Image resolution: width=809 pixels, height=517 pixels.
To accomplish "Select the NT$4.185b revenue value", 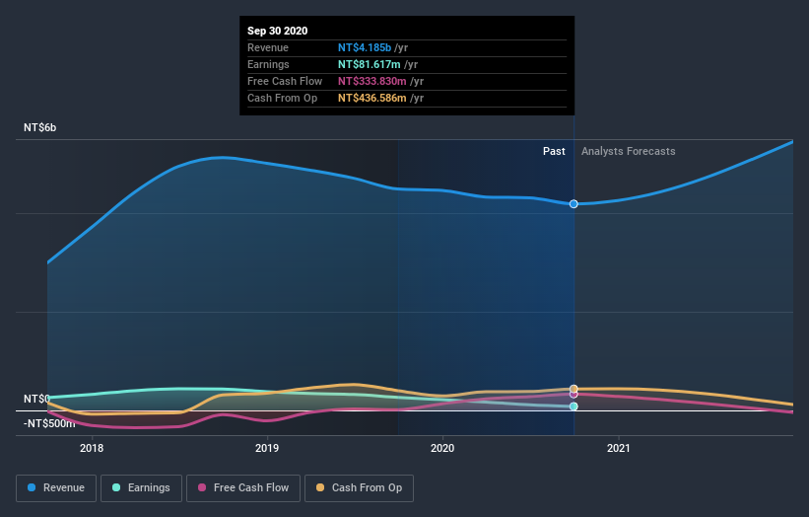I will (x=365, y=47).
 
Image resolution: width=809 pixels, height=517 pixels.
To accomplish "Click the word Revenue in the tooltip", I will (x=268, y=47).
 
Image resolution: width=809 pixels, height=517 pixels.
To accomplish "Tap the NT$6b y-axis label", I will (x=40, y=128).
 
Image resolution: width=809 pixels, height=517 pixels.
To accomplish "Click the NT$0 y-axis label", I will (x=37, y=399).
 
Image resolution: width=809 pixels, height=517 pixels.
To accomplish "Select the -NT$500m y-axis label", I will (x=49, y=423).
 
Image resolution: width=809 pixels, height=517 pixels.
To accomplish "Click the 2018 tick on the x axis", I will (x=92, y=449).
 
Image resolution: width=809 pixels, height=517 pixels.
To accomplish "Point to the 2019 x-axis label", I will (x=267, y=449).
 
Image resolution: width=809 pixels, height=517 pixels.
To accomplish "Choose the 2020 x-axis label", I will (x=442, y=449).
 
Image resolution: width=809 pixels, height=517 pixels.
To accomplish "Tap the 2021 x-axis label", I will (x=619, y=449).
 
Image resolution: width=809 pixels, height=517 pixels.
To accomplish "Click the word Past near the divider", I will (x=554, y=151).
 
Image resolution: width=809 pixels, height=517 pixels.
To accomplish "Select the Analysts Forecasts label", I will (x=629, y=151).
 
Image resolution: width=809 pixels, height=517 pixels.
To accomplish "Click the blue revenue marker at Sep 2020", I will (x=573, y=204).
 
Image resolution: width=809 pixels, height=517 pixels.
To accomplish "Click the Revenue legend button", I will (x=57, y=487).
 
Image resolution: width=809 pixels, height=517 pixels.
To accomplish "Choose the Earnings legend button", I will (x=142, y=487).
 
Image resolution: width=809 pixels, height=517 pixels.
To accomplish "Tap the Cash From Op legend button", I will (x=360, y=487).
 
